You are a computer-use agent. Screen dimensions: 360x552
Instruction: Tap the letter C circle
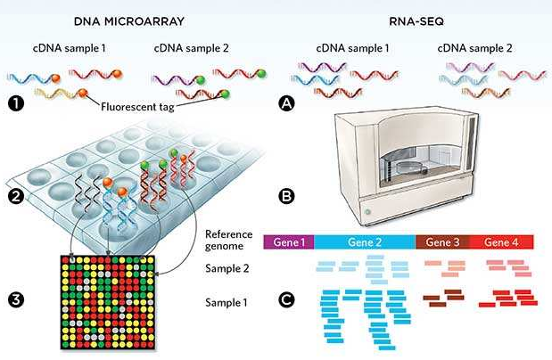tap(286, 300)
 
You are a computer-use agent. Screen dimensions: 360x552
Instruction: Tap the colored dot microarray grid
tap(110, 303)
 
